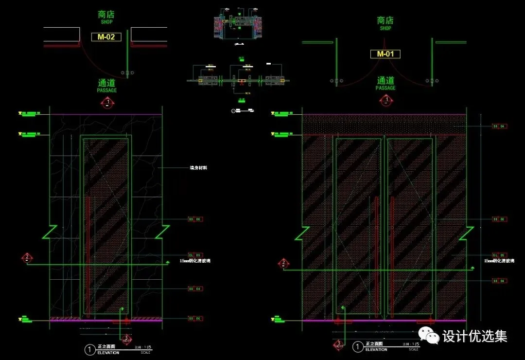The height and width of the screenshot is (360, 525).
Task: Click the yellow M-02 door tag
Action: point(106,36)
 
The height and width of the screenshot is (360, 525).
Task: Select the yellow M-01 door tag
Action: point(385,54)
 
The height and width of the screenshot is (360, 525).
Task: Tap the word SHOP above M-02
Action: point(106,22)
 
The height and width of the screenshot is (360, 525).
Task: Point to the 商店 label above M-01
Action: point(385,20)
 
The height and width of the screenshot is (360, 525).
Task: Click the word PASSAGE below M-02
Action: point(107,90)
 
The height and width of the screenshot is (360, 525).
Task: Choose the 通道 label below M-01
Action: point(385,80)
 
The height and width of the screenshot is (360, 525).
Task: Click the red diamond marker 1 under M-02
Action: point(107,102)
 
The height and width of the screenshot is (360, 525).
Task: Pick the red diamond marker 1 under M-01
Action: point(386,101)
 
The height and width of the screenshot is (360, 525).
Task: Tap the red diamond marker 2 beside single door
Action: point(27,257)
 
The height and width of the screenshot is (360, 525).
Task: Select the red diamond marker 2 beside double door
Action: point(283,264)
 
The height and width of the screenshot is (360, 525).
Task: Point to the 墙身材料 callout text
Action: point(198,168)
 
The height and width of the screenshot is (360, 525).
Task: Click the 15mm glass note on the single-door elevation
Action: point(195,261)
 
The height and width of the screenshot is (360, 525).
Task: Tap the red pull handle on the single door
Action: point(87,255)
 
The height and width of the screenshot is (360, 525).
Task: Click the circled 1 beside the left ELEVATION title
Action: point(89,349)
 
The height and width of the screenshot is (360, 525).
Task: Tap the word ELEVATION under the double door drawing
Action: point(376,349)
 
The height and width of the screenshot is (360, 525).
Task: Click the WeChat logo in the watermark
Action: point(430,335)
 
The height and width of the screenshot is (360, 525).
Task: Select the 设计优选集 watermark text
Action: point(475,336)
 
